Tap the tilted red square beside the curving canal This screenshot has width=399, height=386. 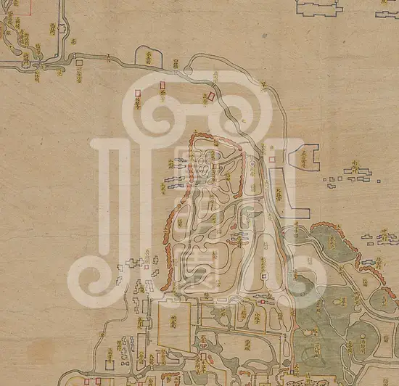211,95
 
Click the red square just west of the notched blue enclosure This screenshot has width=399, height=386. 272,159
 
